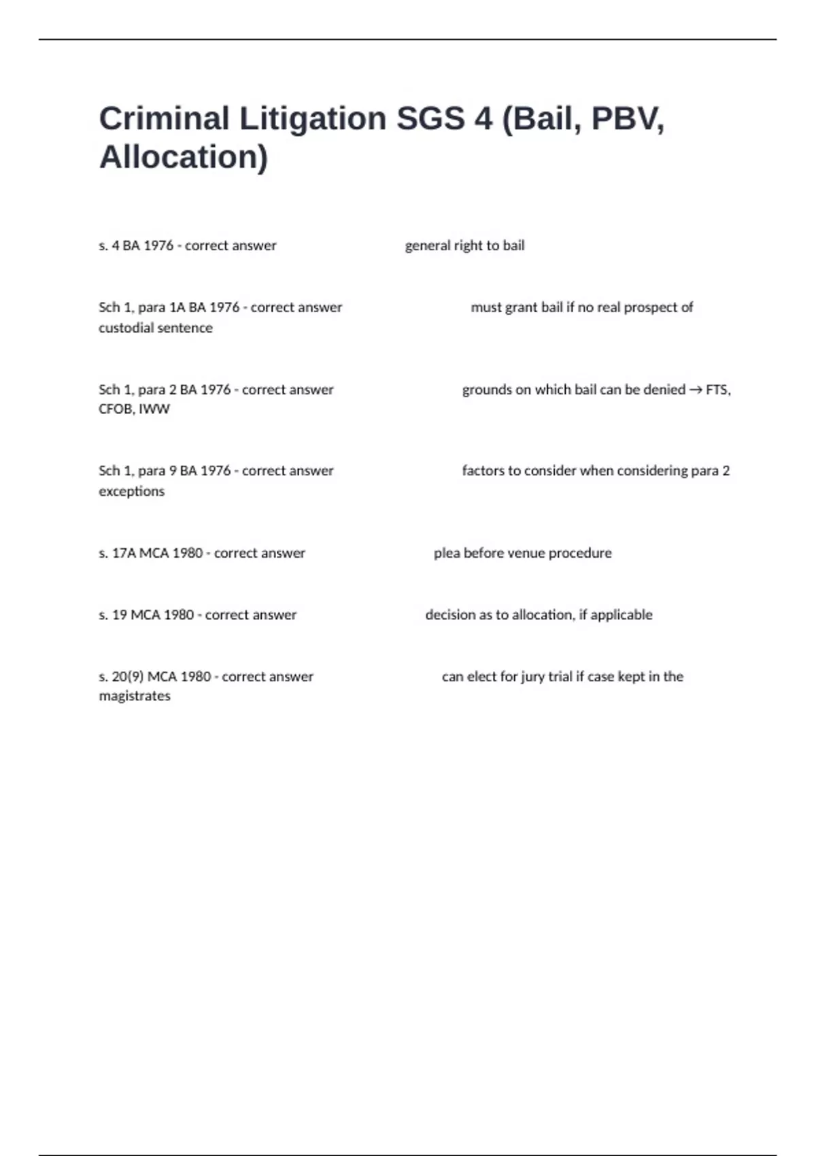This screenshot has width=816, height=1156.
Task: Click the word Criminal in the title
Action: click(164, 118)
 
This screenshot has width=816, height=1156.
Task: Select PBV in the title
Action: click(626, 118)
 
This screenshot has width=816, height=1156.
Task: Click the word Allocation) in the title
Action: click(184, 157)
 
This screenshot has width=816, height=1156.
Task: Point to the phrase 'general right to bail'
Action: click(464, 245)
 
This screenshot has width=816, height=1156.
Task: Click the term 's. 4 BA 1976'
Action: click(136, 245)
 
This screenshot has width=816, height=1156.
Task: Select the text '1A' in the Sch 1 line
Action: click(177, 307)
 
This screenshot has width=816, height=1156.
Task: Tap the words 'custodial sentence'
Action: click(156, 328)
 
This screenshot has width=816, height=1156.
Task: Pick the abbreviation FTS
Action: click(717, 390)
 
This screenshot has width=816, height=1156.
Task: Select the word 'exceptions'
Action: click(132, 491)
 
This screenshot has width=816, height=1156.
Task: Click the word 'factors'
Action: click(483, 471)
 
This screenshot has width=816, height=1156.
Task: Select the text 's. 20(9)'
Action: click(121, 677)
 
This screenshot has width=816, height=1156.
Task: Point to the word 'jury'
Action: click(533, 677)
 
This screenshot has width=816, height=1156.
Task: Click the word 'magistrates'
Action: click(135, 696)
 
